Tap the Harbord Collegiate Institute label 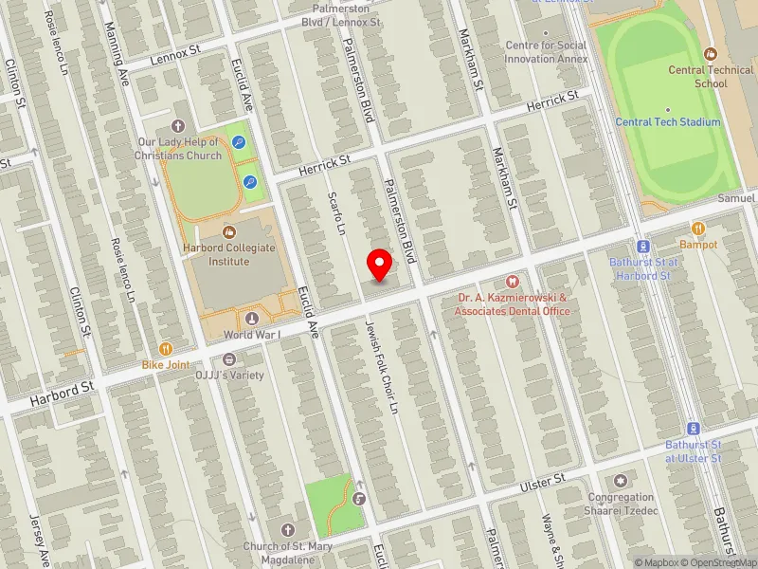[x=228, y=254]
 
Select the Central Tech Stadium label [x=668, y=122]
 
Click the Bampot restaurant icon [x=698, y=229]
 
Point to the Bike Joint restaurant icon [x=166, y=349]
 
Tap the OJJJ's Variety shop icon [x=228, y=359]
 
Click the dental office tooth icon [x=513, y=281]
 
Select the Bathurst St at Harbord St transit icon [x=644, y=247]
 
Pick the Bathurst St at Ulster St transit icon [x=693, y=429]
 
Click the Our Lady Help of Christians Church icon [x=177, y=126]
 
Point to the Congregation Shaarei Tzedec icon [x=621, y=482]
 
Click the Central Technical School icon [x=711, y=54]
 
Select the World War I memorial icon [x=252, y=319]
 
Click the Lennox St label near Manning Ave [x=176, y=58]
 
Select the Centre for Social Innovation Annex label [x=547, y=52]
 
